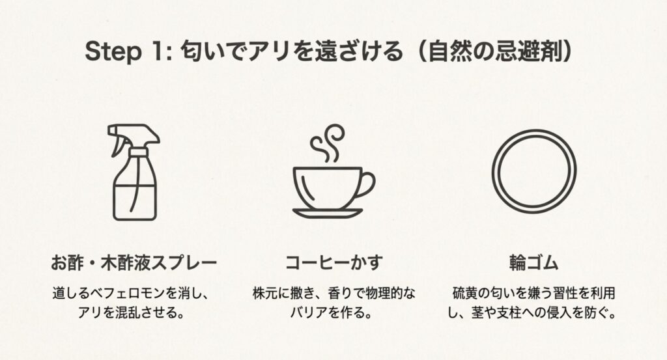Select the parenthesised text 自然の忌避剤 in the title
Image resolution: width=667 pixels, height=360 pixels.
(x=496, y=52)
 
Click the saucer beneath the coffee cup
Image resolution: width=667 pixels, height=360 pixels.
(x=327, y=212)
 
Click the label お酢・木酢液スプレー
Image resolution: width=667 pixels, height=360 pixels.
(x=134, y=264)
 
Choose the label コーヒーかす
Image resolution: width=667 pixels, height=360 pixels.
(x=333, y=264)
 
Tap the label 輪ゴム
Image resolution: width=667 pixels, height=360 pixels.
(x=534, y=264)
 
